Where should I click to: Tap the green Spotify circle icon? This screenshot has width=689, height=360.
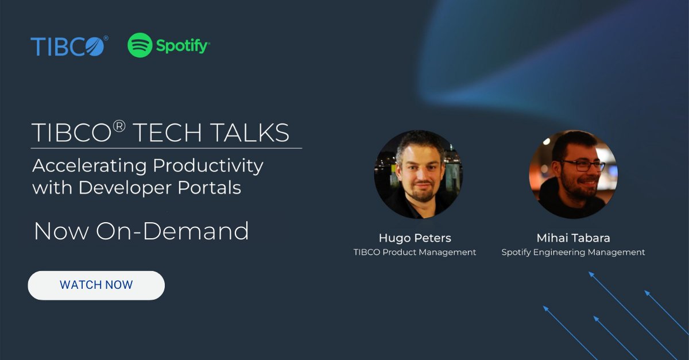click(140, 45)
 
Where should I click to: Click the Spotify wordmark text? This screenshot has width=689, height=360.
click(183, 46)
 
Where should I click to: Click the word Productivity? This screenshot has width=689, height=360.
click(208, 166)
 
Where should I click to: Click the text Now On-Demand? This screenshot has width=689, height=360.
click(141, 231)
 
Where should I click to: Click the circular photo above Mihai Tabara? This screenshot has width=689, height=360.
click(573, 174)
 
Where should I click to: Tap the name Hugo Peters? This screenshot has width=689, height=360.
click(415, 238)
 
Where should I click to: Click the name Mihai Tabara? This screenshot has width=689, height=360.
click(573, 238)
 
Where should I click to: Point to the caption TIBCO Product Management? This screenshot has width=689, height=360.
click(415, 252)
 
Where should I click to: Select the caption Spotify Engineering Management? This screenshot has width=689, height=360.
click(573, 252)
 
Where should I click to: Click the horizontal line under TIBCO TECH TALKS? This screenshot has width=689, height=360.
click(167, 148)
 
